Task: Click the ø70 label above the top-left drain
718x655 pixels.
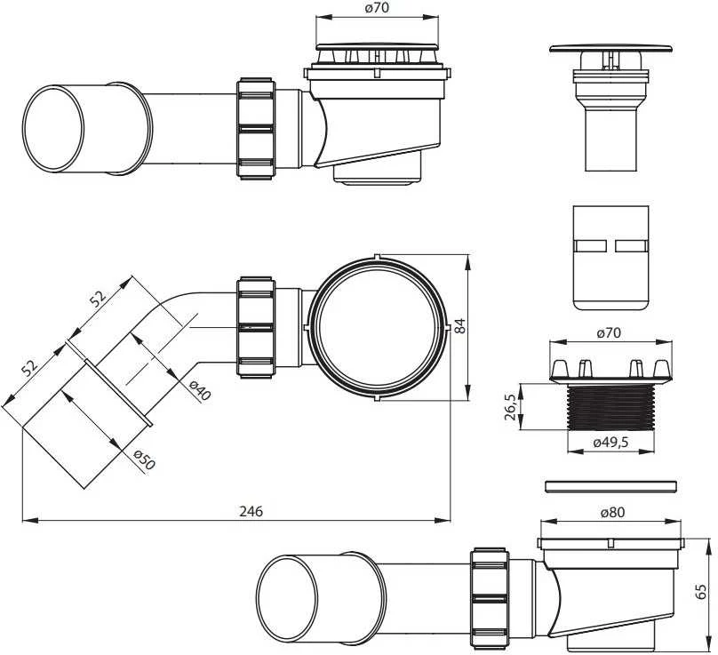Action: pyautogui.click(x=377, y=8)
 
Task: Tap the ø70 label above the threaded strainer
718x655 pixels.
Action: pyautogui.click(x=609, y=332)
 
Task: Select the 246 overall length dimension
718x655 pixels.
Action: pyautogui.click(x=251, y=511)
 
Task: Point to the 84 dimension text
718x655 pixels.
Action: pyautogui.click(x=459, y=326)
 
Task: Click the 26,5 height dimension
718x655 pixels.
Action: pyautogui.click(x=511, y=407)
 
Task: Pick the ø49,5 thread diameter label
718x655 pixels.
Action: pyautogui.click(x=610, y=442)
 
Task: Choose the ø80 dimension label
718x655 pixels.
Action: pyautogui.click(x=612, y=512)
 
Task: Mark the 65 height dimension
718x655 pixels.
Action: pyautogui.click(x=700, y=591)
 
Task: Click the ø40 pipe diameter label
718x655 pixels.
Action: pyautogui.click(x=200, y=391)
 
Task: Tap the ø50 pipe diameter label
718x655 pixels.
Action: pyautogui.click(x=145, y=459)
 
